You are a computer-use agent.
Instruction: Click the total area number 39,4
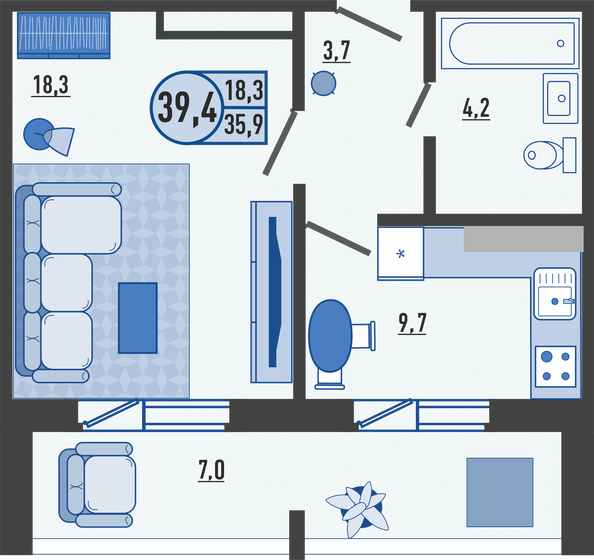pos(187,104)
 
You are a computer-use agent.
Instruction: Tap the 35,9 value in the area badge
pos(244,126)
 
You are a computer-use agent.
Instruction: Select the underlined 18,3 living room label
pos(50,86)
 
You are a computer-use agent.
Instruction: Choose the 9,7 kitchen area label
pos(411,323)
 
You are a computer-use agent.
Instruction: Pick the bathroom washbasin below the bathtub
pos(560,96)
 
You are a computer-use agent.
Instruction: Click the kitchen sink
pos(557,294)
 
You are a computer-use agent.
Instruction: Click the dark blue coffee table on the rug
pos(138,317)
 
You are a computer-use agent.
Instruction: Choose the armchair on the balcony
pos(98,485)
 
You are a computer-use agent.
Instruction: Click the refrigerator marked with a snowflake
pos(400,253)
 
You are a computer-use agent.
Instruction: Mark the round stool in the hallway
pos(323,84)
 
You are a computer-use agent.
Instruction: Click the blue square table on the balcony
pos(500,489)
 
